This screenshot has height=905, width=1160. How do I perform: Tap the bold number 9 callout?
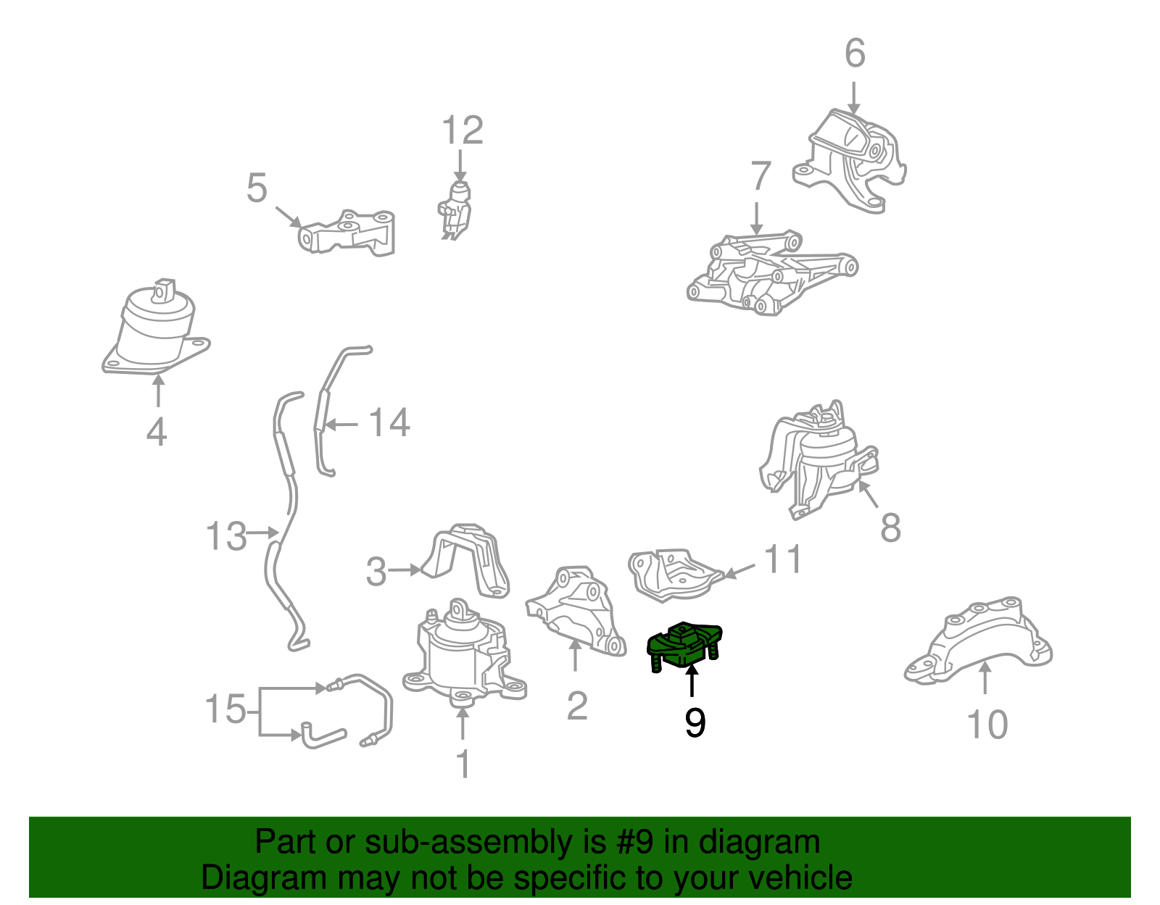pos(695,723)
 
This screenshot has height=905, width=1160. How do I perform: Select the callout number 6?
pos(855,53)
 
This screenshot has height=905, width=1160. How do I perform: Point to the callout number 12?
pos(463,130)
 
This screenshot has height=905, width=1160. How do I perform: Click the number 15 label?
pos(225,709)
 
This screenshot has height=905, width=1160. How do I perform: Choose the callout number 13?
pos(226,535)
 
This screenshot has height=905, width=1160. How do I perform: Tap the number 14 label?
pos(390,422)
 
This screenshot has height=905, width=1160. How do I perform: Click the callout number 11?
pos(783,559)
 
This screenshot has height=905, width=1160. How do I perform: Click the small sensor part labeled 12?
pos(455,209)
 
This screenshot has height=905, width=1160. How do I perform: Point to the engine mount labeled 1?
pos(464,654)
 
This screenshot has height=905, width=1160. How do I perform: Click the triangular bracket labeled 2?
pos(576,611)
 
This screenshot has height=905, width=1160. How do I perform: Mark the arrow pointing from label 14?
pos(341,425)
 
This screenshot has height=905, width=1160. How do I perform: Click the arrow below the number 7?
pos(756,219)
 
